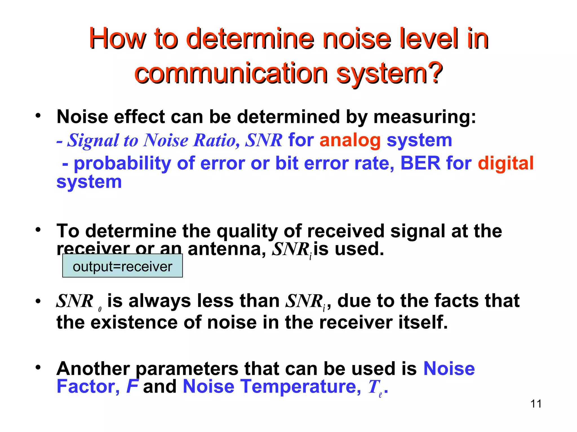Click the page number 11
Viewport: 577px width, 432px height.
[x=536, y=404]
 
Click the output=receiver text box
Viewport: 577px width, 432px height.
[x=122, y=266]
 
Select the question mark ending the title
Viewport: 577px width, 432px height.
[x=434, y=73]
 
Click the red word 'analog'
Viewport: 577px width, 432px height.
[x=350, y=140]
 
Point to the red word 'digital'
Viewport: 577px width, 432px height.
[x=506, y=163]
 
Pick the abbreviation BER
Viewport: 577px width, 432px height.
[x=420, y=163]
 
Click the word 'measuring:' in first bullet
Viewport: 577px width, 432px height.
[x=425, y=117]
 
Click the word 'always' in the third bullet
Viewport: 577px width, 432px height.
[x=159, y=301]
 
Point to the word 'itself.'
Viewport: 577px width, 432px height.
[x=423, y=322]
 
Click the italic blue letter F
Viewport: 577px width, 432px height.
[x=132, y=386]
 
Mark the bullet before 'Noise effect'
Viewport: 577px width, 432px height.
[x=38, y=115]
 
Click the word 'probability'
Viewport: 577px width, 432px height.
[x=122, y=164]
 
